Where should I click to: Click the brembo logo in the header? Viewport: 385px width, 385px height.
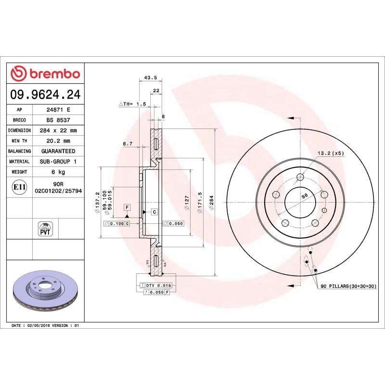coord(45,74)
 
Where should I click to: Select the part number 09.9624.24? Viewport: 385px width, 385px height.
coord(45,95)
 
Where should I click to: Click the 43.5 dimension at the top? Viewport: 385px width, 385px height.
coord(150,77)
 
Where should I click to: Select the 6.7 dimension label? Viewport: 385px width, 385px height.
coord(127,144)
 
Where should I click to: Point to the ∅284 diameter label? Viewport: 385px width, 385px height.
coord(211,204)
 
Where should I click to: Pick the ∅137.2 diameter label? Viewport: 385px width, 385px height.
coord(97,201)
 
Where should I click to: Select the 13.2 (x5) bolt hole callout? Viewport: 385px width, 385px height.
coord(331,154)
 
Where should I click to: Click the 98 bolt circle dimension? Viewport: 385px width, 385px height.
coord(304,196)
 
